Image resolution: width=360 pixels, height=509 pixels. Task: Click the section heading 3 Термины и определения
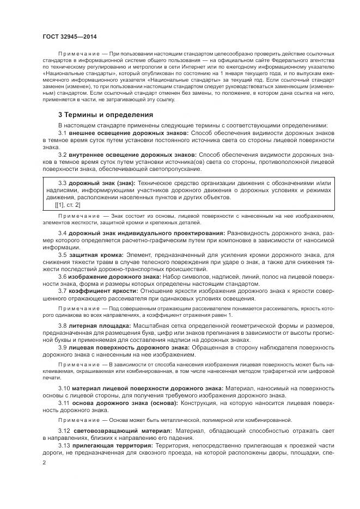coord(106,114)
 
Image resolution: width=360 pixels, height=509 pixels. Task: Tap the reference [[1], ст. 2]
coord(68,205)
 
